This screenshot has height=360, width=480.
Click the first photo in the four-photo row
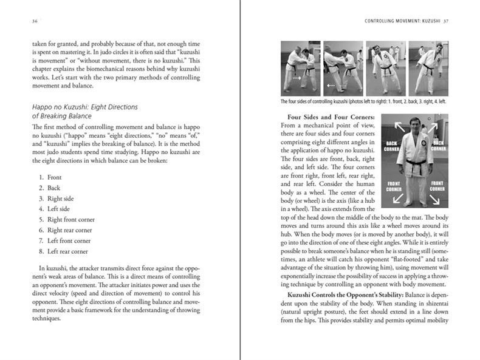(x=300, y=68)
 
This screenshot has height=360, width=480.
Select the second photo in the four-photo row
(x=343, y=68)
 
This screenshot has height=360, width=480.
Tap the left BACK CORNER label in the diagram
(x=392, y=145)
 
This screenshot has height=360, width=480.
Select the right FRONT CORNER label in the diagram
(x=437, y=185)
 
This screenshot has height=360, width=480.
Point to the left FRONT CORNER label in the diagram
(x=393, y=185)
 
